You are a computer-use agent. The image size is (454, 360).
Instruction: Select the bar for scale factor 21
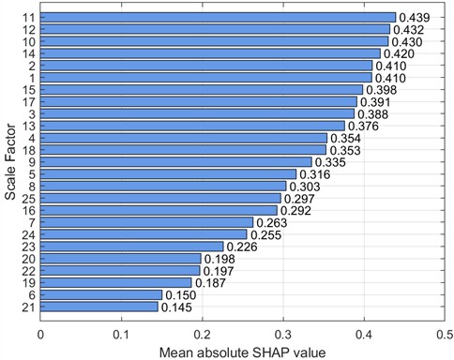pyautogui.click(x=99, y=307)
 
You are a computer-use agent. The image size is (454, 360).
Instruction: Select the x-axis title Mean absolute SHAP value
pyautogui.click(x=241, y=351)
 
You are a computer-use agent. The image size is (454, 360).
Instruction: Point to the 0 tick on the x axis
pyautogui.click(x=40, y=331)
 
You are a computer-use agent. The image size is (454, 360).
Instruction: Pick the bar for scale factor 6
pyautogui.click(x=101, y=294)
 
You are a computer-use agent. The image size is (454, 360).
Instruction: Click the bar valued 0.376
pyautogui.click(x=192, y=126)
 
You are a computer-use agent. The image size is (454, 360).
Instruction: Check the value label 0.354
pyautogui.click(x=346, y=138)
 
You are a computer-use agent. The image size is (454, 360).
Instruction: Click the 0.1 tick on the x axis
pyautogui.click(x=121, y=331)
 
